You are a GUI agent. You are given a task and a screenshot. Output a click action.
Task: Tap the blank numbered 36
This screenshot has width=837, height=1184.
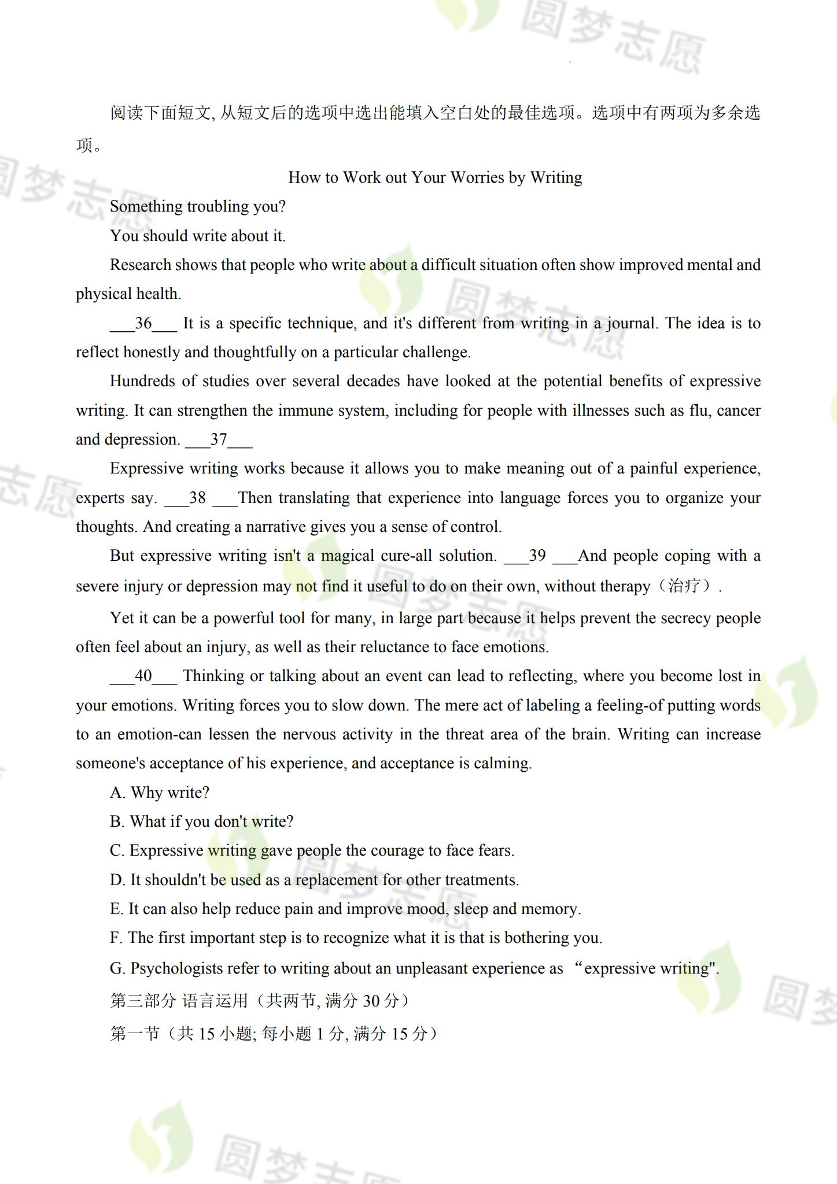143,324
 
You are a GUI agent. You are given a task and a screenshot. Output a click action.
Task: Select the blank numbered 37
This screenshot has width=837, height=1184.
219,440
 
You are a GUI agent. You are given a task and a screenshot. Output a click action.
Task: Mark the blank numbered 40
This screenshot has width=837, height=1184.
143,676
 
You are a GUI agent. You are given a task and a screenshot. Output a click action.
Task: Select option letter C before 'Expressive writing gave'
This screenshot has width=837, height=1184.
116,851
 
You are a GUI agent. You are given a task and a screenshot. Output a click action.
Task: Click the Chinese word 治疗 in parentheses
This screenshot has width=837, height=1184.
684,586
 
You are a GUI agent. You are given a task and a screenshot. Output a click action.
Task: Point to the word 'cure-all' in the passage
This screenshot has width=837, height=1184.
404,556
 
